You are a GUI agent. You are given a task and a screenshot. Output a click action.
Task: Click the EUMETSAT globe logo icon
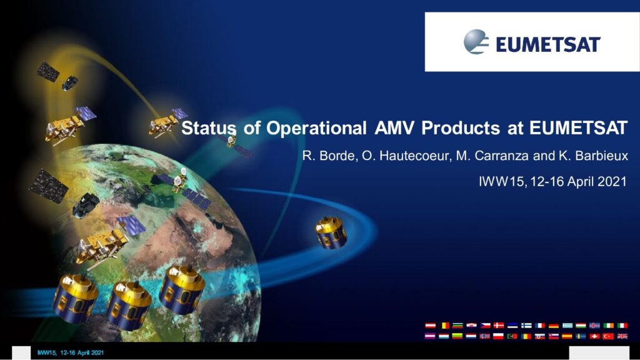(476, 42)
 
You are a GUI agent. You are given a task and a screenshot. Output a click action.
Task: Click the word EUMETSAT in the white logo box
(547, 44)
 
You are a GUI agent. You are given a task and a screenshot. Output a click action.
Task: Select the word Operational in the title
(316, 128)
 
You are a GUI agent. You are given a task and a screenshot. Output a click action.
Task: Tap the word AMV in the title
(394, 127)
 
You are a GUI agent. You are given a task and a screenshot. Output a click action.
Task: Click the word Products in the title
(460, 127)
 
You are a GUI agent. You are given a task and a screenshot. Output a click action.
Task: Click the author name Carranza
(503, 156)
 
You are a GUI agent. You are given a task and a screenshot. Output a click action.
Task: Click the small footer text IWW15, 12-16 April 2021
(70, 352)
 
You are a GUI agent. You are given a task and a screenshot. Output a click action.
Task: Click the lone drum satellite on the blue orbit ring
(331, 232)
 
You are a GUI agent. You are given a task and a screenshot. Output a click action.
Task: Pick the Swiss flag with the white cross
(595, 336)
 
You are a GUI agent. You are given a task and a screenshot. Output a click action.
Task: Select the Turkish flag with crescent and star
(608, 336)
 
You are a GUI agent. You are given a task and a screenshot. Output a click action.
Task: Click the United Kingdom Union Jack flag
(622, 336)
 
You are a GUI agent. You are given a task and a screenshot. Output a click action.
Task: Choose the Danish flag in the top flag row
(498, 325)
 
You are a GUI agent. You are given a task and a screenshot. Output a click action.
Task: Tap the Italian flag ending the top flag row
(622, 325)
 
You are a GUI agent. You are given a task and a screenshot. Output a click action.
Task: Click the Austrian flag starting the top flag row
(430, 325)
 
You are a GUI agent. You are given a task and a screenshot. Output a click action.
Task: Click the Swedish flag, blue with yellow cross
(581, 336)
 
